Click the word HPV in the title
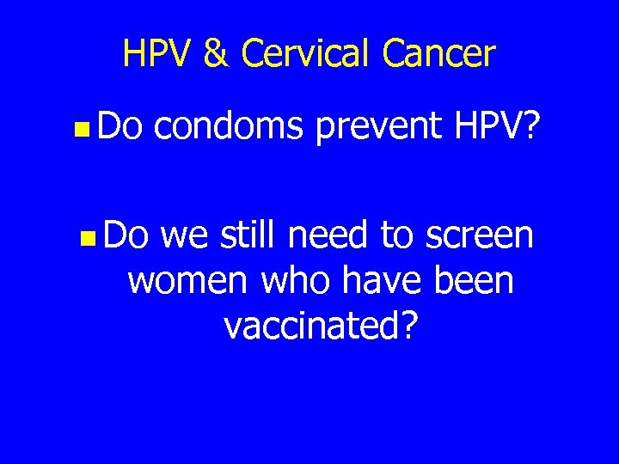coord(158,54)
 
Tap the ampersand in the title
coord(218,54)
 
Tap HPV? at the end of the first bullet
coord(495,128)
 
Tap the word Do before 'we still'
coord(127,235)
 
